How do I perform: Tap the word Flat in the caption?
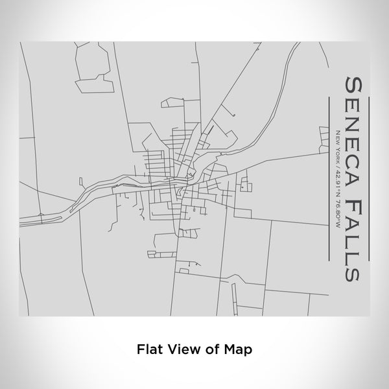tap(149, 348)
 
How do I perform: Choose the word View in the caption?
tap(183, 348)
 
